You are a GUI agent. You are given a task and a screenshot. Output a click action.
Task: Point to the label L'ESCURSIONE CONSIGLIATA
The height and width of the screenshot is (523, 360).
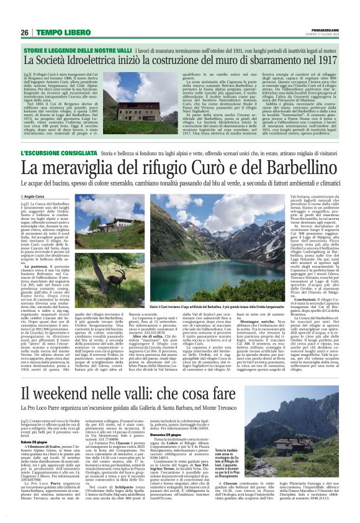click(58, 152)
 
